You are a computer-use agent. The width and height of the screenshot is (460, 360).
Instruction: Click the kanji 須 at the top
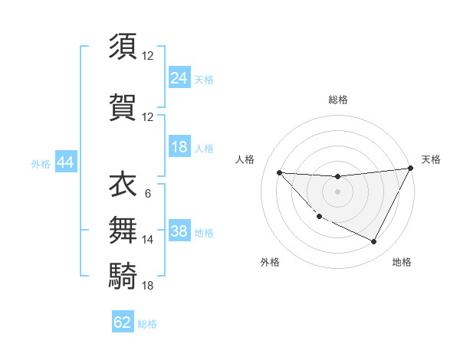(123, 47)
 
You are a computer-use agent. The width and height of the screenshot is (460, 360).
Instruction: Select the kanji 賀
(123, 106)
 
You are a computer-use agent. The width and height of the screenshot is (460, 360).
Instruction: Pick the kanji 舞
(123, 228)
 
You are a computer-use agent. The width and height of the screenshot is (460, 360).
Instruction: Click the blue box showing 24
(179, 77)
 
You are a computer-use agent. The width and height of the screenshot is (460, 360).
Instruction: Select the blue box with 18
(179, 147)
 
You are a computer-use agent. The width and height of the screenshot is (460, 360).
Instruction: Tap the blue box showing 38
(179, 231)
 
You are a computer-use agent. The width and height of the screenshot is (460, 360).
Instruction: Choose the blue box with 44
(64, 162)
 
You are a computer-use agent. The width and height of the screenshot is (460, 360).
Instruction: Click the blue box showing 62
(123, 322)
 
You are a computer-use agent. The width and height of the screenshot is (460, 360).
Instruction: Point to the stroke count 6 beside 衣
(147, 193)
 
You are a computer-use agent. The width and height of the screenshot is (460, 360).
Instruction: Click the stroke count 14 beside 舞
(147, 240)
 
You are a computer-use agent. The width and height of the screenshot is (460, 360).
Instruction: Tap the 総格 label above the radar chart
(337, 100)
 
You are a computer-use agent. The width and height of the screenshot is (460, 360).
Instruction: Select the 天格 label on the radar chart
(431, 159)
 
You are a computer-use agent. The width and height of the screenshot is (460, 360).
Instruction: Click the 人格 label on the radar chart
(245, 159)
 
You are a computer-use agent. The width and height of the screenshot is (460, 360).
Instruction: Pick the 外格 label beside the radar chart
(270, 262)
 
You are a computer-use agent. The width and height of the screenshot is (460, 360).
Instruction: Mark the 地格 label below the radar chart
(402, 262)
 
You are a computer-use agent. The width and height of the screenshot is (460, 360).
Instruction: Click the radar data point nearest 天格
(411, 169)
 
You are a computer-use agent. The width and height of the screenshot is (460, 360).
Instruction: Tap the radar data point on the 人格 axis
(279, 172)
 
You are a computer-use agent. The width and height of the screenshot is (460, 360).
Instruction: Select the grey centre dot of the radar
(337, 191)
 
